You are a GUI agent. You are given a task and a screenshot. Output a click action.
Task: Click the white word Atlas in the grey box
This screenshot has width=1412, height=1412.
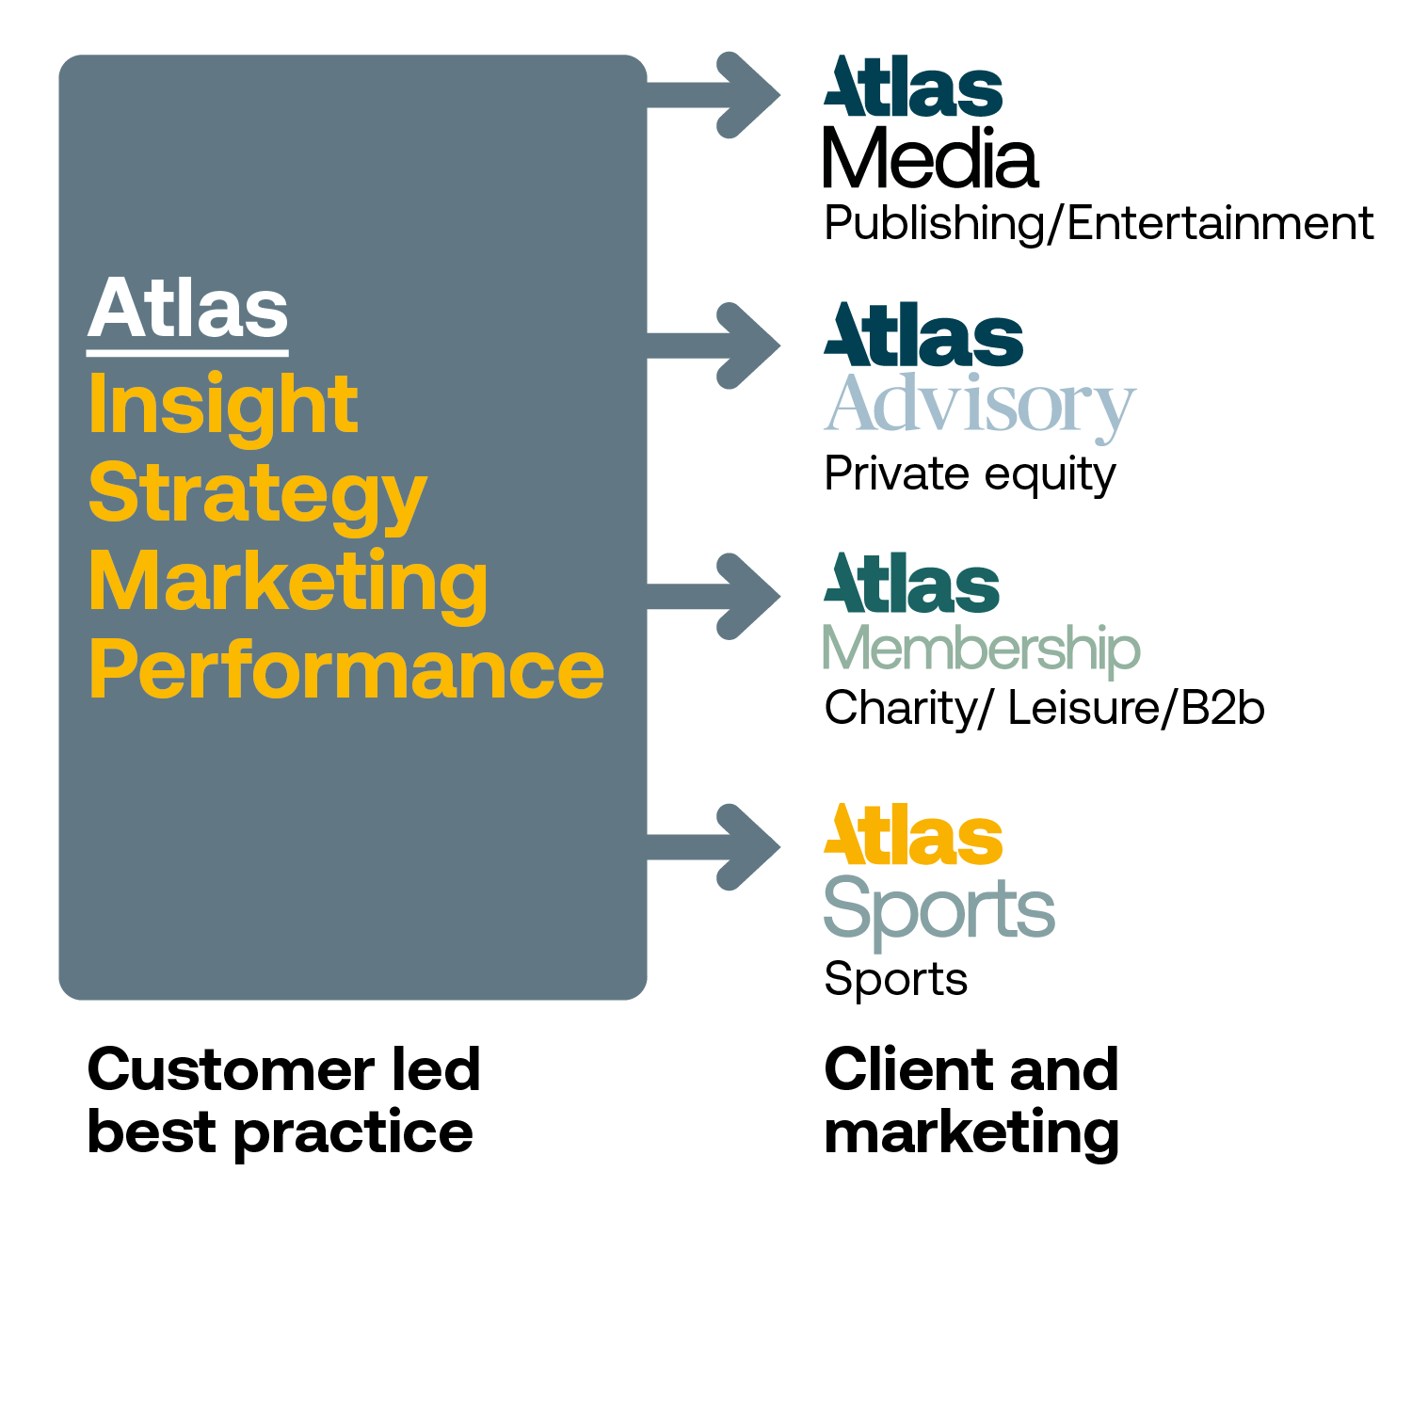click(188, 308)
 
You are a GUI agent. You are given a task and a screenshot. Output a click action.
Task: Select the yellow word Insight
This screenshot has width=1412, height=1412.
click(223, 405)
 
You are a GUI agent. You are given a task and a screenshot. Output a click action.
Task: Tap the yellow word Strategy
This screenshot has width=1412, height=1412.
click(257, 494)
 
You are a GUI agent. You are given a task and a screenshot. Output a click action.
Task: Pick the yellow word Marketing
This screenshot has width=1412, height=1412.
click(288, 583)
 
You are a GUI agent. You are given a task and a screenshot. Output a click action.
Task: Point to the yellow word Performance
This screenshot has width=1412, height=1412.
click(346, 671)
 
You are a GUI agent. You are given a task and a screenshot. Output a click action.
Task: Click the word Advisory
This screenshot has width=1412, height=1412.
click(979, 405)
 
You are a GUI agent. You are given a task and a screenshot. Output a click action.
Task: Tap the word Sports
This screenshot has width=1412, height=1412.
click(939, 909)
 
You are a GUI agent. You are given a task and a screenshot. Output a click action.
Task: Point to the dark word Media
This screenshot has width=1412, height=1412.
click(930, 157)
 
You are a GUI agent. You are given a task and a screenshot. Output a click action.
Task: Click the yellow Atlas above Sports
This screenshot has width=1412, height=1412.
click(913, 836)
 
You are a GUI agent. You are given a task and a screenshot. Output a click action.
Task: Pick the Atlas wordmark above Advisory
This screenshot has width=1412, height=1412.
click(923, 336)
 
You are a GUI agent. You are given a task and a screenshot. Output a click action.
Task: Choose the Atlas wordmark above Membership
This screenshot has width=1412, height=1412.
click(911, 585)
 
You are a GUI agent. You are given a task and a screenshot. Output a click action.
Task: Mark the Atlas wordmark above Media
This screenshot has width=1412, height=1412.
click(913, 88)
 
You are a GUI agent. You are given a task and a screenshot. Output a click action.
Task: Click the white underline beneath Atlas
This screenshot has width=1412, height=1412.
click(187, 353)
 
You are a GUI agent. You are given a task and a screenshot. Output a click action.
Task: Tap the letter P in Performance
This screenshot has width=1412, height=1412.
click(111, 669)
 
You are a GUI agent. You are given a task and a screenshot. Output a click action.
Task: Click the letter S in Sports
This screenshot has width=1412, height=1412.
click(845, 906)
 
